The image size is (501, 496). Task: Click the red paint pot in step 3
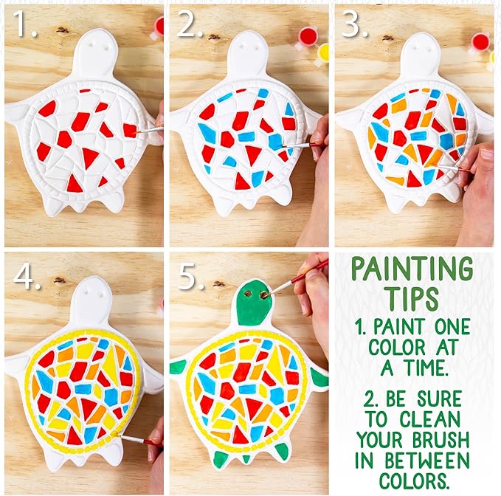(480, 41)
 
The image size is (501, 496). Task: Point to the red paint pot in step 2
(305, 35)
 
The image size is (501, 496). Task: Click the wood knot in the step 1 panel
(62, 30)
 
